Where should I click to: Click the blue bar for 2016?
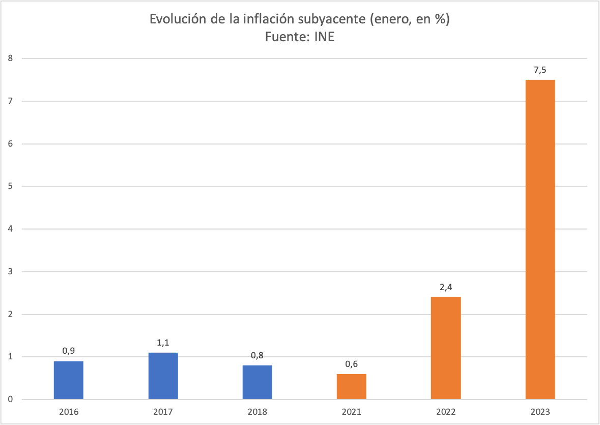[x=68, y=380]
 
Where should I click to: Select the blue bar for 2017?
[x=163, y=376]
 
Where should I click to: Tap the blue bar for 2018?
[x=257, y=382]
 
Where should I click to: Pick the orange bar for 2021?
[x=351, y=386]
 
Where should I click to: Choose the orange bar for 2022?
[x=446, y=348]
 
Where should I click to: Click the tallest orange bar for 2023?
[x=540, y=239]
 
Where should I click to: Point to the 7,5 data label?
[x=540, y=70]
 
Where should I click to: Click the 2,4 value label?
[x=446, y=288]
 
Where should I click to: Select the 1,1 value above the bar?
[x=163, y=343]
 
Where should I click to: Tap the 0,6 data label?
[x=351, y=364]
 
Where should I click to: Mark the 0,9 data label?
[x=68, y=351]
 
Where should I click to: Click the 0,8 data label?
[x=257, y=356]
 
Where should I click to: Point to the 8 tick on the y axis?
[x=11, y=59]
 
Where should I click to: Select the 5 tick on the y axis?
[x=11, y=186]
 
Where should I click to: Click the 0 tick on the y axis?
[x=11, y=400]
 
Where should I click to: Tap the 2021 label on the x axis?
[x=351, y=412]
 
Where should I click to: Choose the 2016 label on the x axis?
[x=68, y=412]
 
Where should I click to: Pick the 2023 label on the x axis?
[x=540, y=412]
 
